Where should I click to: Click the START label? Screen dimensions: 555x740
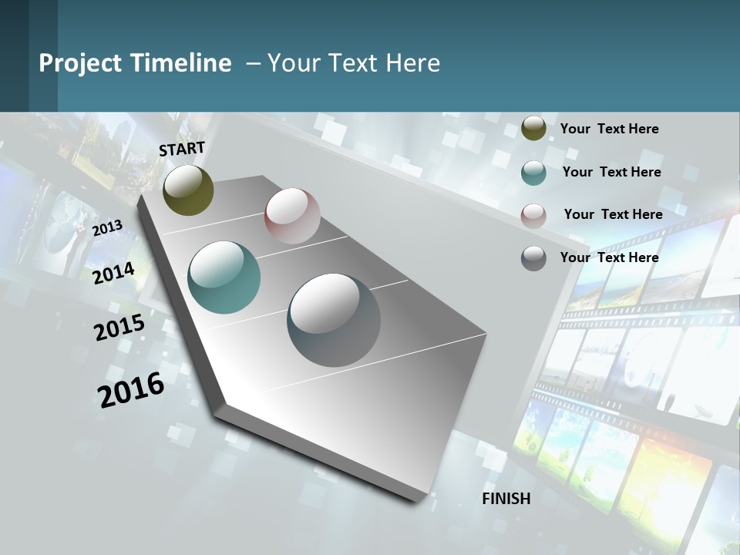tap(182, 149)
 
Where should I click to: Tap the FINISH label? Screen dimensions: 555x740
tap(506, 499)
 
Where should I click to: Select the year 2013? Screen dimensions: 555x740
tap(107, 228)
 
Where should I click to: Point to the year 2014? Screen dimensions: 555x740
tap(113, 273)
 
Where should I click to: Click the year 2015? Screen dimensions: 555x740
tap(119, 328)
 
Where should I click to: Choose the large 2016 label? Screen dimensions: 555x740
tap(131, 389)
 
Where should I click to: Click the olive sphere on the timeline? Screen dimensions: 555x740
tap(188, 190)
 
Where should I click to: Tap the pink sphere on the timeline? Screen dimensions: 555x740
tap(292, 216)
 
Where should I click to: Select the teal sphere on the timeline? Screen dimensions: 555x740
tap(224, 277)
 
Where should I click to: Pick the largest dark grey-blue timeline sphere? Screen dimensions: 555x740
tap(334, 320)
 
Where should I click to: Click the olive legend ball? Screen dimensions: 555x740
tap(533, 129)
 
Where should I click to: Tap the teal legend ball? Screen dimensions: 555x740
tap(533, 173)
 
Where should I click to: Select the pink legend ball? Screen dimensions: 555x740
tap(533, 215)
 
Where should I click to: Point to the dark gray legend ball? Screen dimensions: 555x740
tap(533, 258)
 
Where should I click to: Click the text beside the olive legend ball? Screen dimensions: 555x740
tap(609, 129)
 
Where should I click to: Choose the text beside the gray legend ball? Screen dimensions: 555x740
tap(609, 257)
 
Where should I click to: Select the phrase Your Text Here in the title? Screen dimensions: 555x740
tap(353, 63)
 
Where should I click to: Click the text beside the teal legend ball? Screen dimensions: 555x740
tap(611, 172)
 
